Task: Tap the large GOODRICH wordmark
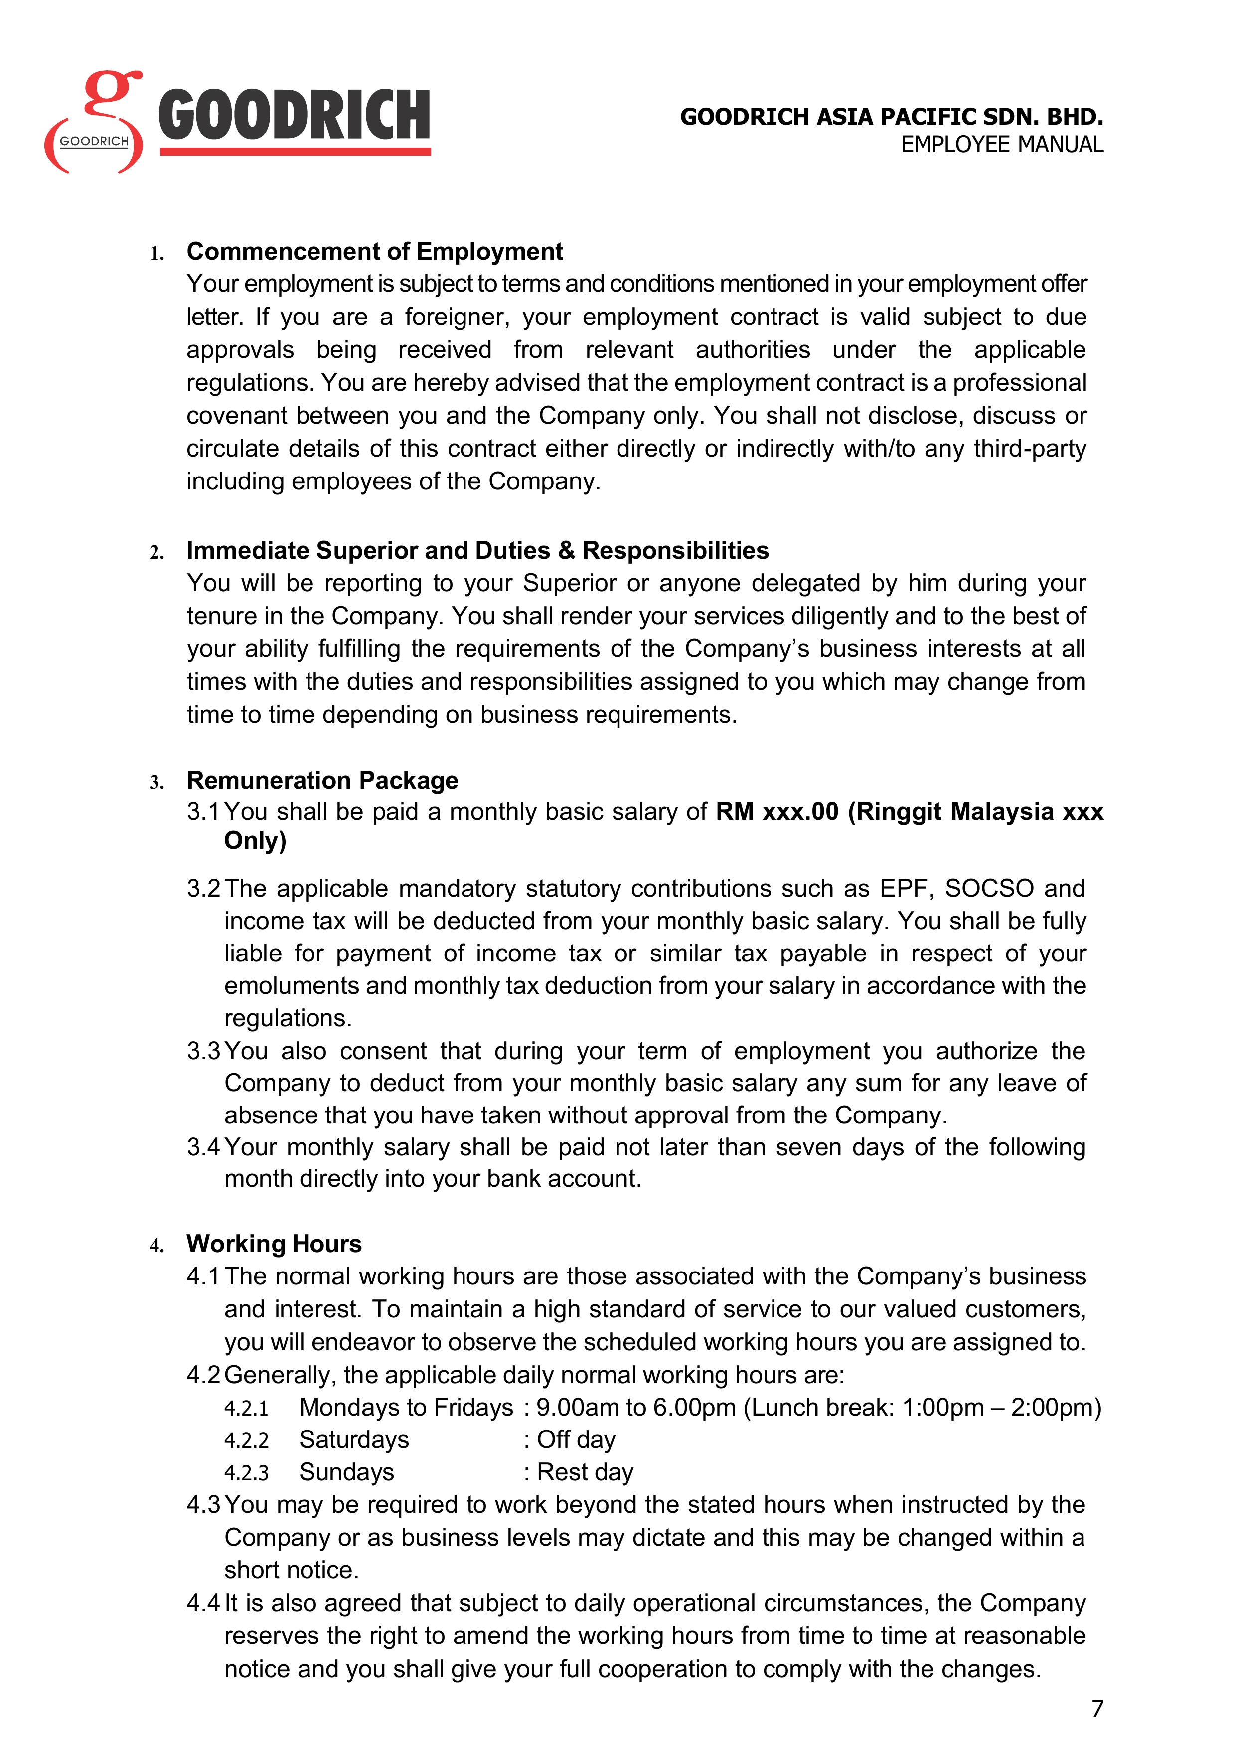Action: tap(294, 116)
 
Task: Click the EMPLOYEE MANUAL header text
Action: tap(1002, 145)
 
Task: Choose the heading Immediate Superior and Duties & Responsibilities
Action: tap(477, 550)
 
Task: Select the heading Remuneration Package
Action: tap(322, 780)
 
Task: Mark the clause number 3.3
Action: tap(203, 1051)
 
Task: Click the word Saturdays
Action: tap(354, 1440)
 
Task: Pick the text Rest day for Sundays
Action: tap(585, 1472)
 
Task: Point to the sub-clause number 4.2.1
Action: tap(246, 1408)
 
